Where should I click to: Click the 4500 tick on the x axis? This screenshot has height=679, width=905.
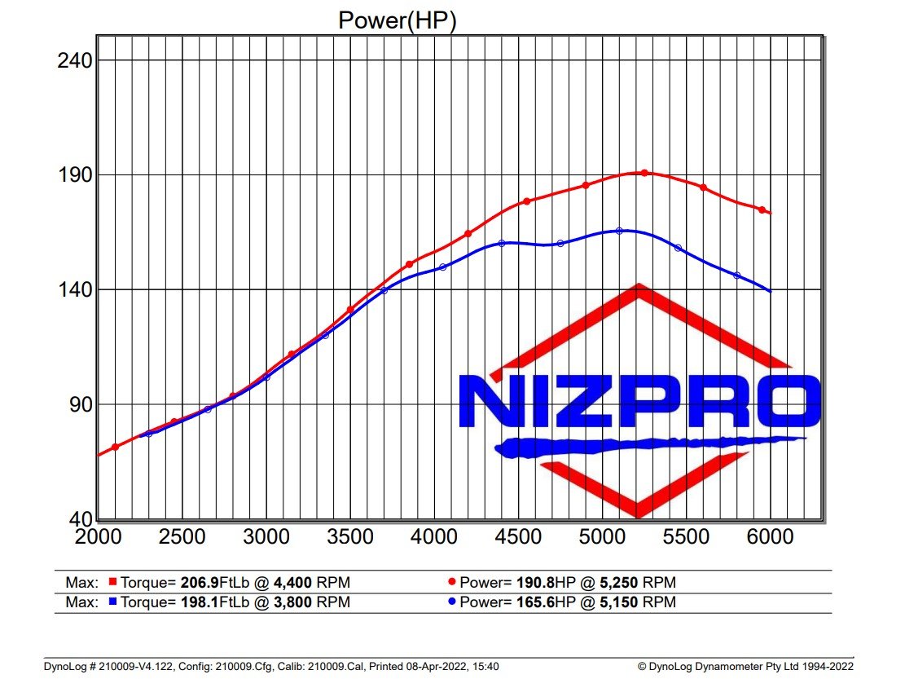coord(518,537)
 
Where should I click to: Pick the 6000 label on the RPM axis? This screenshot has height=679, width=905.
coord(770,537)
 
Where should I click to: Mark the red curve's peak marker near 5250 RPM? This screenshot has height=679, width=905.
coord(644,173)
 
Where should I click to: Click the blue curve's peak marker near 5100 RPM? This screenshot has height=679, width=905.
coord(619,231)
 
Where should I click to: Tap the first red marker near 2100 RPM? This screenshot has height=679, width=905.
coord(116,447)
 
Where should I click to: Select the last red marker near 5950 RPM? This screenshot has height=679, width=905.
coord(762,209)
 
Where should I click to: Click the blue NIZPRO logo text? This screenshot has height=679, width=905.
coord(638,402)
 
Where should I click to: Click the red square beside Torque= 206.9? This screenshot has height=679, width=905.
coord(113,583)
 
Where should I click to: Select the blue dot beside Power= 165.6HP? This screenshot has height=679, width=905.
coord(452,603)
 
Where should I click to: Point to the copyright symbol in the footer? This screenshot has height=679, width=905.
coord(642,667)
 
